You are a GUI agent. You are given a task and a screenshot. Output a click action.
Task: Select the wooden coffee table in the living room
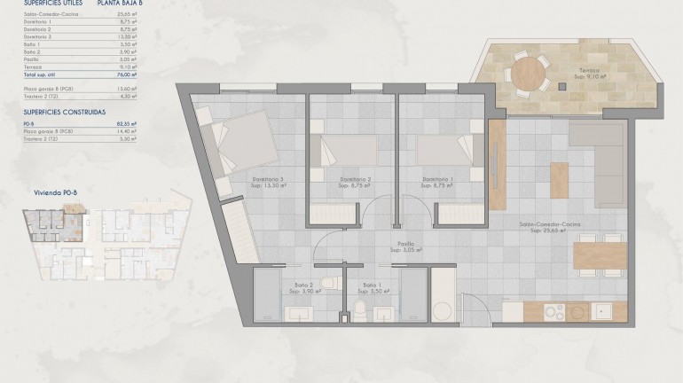[x=559, y=181]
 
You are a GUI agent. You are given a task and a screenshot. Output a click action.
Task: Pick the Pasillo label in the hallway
[x=406, y=246]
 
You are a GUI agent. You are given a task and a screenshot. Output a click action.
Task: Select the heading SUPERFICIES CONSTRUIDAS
[x=65, y=113]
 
